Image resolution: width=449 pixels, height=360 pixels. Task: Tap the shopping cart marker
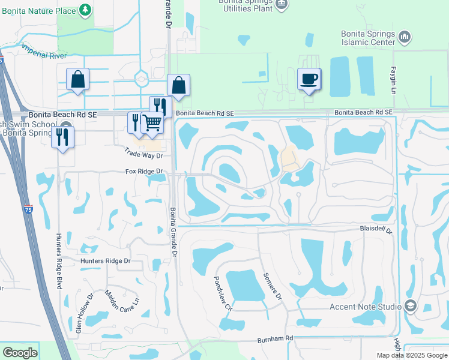click(152, 122)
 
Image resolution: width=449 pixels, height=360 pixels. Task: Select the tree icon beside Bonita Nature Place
click(86, 10)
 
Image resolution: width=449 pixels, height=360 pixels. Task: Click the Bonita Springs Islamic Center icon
click(405, 37)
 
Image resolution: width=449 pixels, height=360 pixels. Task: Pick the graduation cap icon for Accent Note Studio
click(411, 307)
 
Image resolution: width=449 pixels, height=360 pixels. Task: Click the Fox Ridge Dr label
click(144, 172)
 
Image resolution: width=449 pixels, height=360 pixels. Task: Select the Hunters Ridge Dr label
click(105, 261)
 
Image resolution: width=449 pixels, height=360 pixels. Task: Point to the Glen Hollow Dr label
click(83, 313)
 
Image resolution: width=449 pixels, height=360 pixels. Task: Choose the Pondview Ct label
click(222, 293)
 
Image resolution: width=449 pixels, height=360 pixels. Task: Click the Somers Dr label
click(272, 286)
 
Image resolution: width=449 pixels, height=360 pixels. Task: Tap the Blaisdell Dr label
click(376, 230)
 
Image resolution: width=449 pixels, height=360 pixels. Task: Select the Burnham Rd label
click(275, 339)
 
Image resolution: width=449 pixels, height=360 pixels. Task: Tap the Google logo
click(20, 352)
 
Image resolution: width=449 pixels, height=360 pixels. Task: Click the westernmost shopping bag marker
click(77, 80)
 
